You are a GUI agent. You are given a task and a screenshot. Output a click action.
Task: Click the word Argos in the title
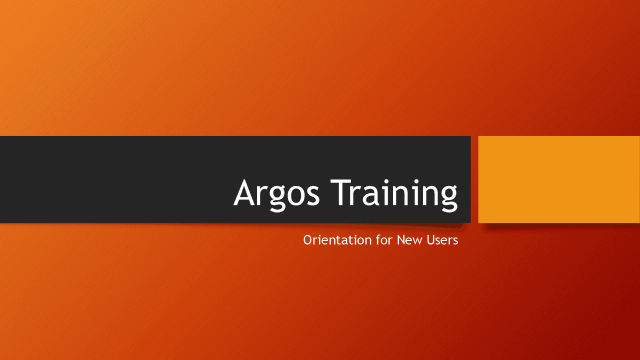point(276,193)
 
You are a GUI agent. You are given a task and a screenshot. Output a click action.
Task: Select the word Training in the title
point(394,193)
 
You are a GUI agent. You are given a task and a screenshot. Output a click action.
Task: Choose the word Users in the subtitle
point(442,240)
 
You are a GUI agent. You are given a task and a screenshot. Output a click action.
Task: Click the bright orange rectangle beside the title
point(559,179)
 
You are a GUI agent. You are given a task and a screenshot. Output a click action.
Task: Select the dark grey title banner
point(125,179)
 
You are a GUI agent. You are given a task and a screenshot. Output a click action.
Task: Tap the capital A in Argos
point(246,192)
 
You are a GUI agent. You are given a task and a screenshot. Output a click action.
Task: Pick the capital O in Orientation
point(308,240)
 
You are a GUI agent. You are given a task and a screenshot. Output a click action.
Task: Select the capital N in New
point(401,240)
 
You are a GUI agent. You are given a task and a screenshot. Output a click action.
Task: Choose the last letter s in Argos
point(313,195)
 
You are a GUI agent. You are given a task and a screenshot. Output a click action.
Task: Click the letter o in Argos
point(297,195)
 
